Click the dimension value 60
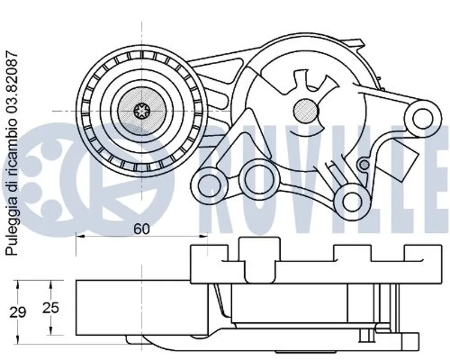coord(142,229)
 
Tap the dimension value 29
coord(18,312)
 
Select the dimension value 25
coord(51,308)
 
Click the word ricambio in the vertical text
coord(12,146)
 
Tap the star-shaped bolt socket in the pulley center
coord(142,111)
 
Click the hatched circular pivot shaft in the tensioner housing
coord(306,111)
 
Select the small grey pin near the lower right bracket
coord(364,164)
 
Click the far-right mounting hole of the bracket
coord(423,118)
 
